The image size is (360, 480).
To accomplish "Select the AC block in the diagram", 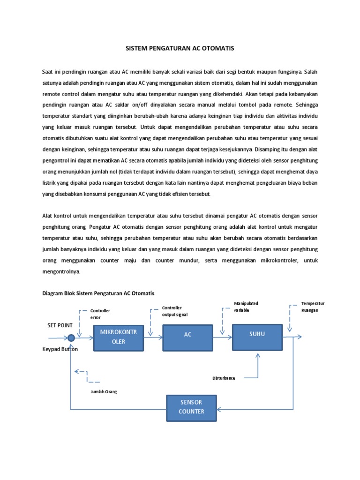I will pyautogui.click(x=187, y=337).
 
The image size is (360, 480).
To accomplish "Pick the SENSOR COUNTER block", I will pyautogui.click(x=191, y=407).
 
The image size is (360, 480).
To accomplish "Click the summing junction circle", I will pyautogui.click(x=71, y=337).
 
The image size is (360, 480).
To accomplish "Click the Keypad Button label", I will pyautogui.click(x=60, y=349).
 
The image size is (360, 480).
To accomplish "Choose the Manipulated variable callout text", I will pyautogui.click(x=246, y=307).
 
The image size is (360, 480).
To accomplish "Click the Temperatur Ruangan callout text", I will pyautogui.click(x=313, y=307).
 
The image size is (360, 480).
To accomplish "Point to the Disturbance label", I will pyautogui.click(x=224, y=377).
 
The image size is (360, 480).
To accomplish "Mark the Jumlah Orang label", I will pyautogui.click(x=104, y=391).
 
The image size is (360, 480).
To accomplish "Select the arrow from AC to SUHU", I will pyautogui.click(x=221, y=337).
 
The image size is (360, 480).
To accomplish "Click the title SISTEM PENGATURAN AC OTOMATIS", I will pyautogui.click(x=180, y=48).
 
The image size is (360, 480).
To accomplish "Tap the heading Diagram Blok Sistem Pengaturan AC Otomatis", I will pyautogui.click(x=98, y=293).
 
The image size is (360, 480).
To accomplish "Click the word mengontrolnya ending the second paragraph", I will pyautogui.click(x=61, y=271).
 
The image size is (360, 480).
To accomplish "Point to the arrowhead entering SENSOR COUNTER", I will pyautogui.click(x=220, y=409).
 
